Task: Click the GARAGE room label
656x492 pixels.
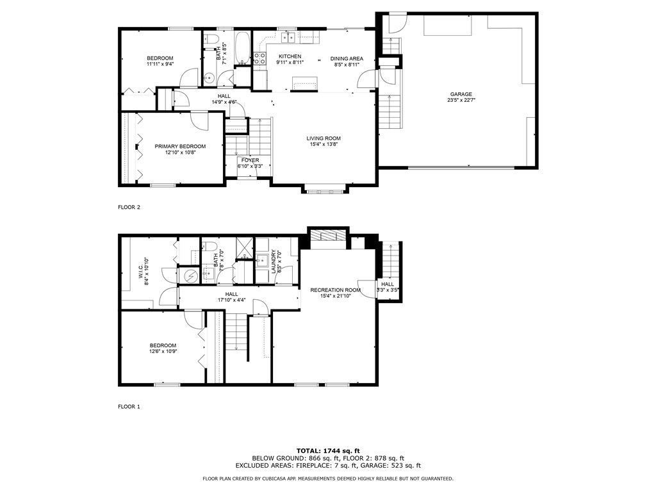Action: pos(461,94)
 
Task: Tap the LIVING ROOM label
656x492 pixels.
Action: pos(324,138)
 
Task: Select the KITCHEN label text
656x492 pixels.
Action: pos(290,56)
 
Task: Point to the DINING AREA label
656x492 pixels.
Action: pos(347,58)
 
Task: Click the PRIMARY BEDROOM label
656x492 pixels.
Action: pos(180,147)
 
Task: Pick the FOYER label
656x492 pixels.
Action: pos(250,160)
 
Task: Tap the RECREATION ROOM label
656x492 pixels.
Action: pos(336,290)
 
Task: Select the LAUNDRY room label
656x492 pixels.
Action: pos(273,262)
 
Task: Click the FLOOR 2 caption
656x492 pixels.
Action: pos(129,207)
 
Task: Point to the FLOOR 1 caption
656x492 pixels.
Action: pos(129,407)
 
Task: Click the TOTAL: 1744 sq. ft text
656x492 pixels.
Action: pos(328,450)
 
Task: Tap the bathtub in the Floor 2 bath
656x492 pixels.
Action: pos(242,48)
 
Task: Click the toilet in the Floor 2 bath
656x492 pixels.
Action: pos(212,40)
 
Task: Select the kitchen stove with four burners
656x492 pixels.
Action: pos(260,58)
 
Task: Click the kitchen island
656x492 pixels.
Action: pos(304,83)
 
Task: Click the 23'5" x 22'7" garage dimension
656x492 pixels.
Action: pos(461,100)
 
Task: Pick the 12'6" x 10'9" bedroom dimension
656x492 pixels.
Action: pos(163,352)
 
